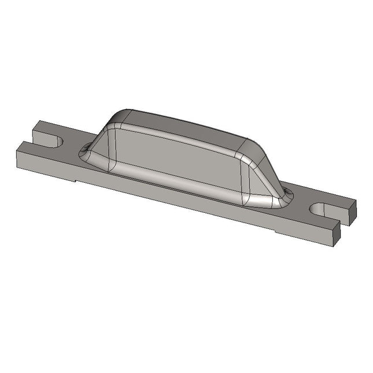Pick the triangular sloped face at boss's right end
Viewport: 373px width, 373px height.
260,179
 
